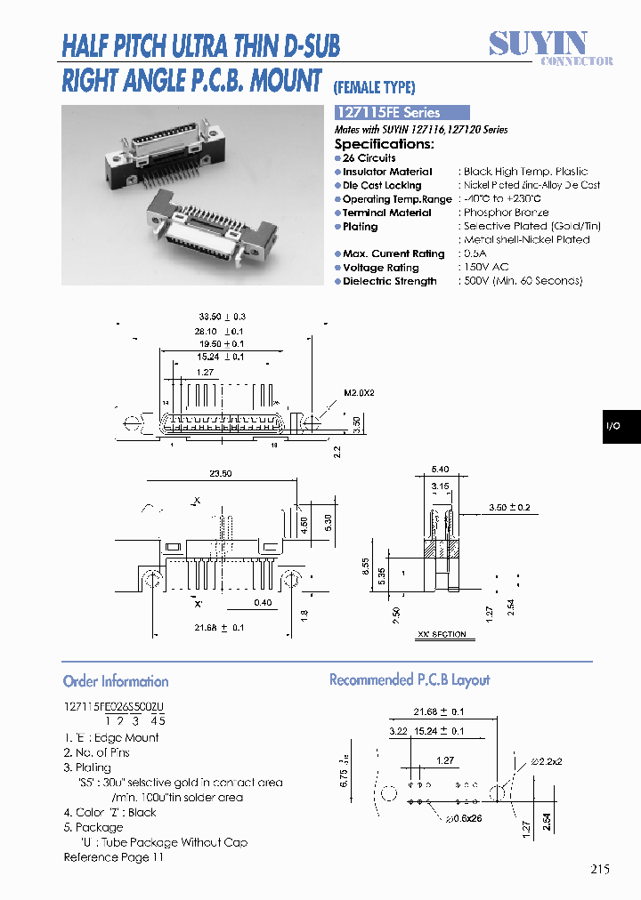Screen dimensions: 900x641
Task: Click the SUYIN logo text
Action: coord(538,42)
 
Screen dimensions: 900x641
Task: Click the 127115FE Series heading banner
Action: coord(401,113)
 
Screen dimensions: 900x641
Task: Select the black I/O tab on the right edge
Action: coord(613,427)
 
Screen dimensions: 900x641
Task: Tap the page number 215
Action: coord(599,870)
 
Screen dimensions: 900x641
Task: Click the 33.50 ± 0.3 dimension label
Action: coord(222,317)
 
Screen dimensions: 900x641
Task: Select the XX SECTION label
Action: coord(442,635)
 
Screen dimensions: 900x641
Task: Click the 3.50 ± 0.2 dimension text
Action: coord(509,508)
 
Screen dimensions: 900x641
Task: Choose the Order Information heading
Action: coord(116,681)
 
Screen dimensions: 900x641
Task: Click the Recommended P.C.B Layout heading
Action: coord(410,680)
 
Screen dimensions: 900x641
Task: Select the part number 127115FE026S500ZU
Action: coord(114,706)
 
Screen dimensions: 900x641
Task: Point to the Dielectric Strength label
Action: coord(389,282)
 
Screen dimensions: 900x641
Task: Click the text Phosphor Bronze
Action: coord(506,213)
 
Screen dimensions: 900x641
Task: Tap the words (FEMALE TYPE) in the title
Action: coord(374,87)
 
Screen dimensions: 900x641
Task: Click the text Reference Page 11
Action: coord(114,857)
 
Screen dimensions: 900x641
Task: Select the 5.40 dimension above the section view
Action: coord(440,469)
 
